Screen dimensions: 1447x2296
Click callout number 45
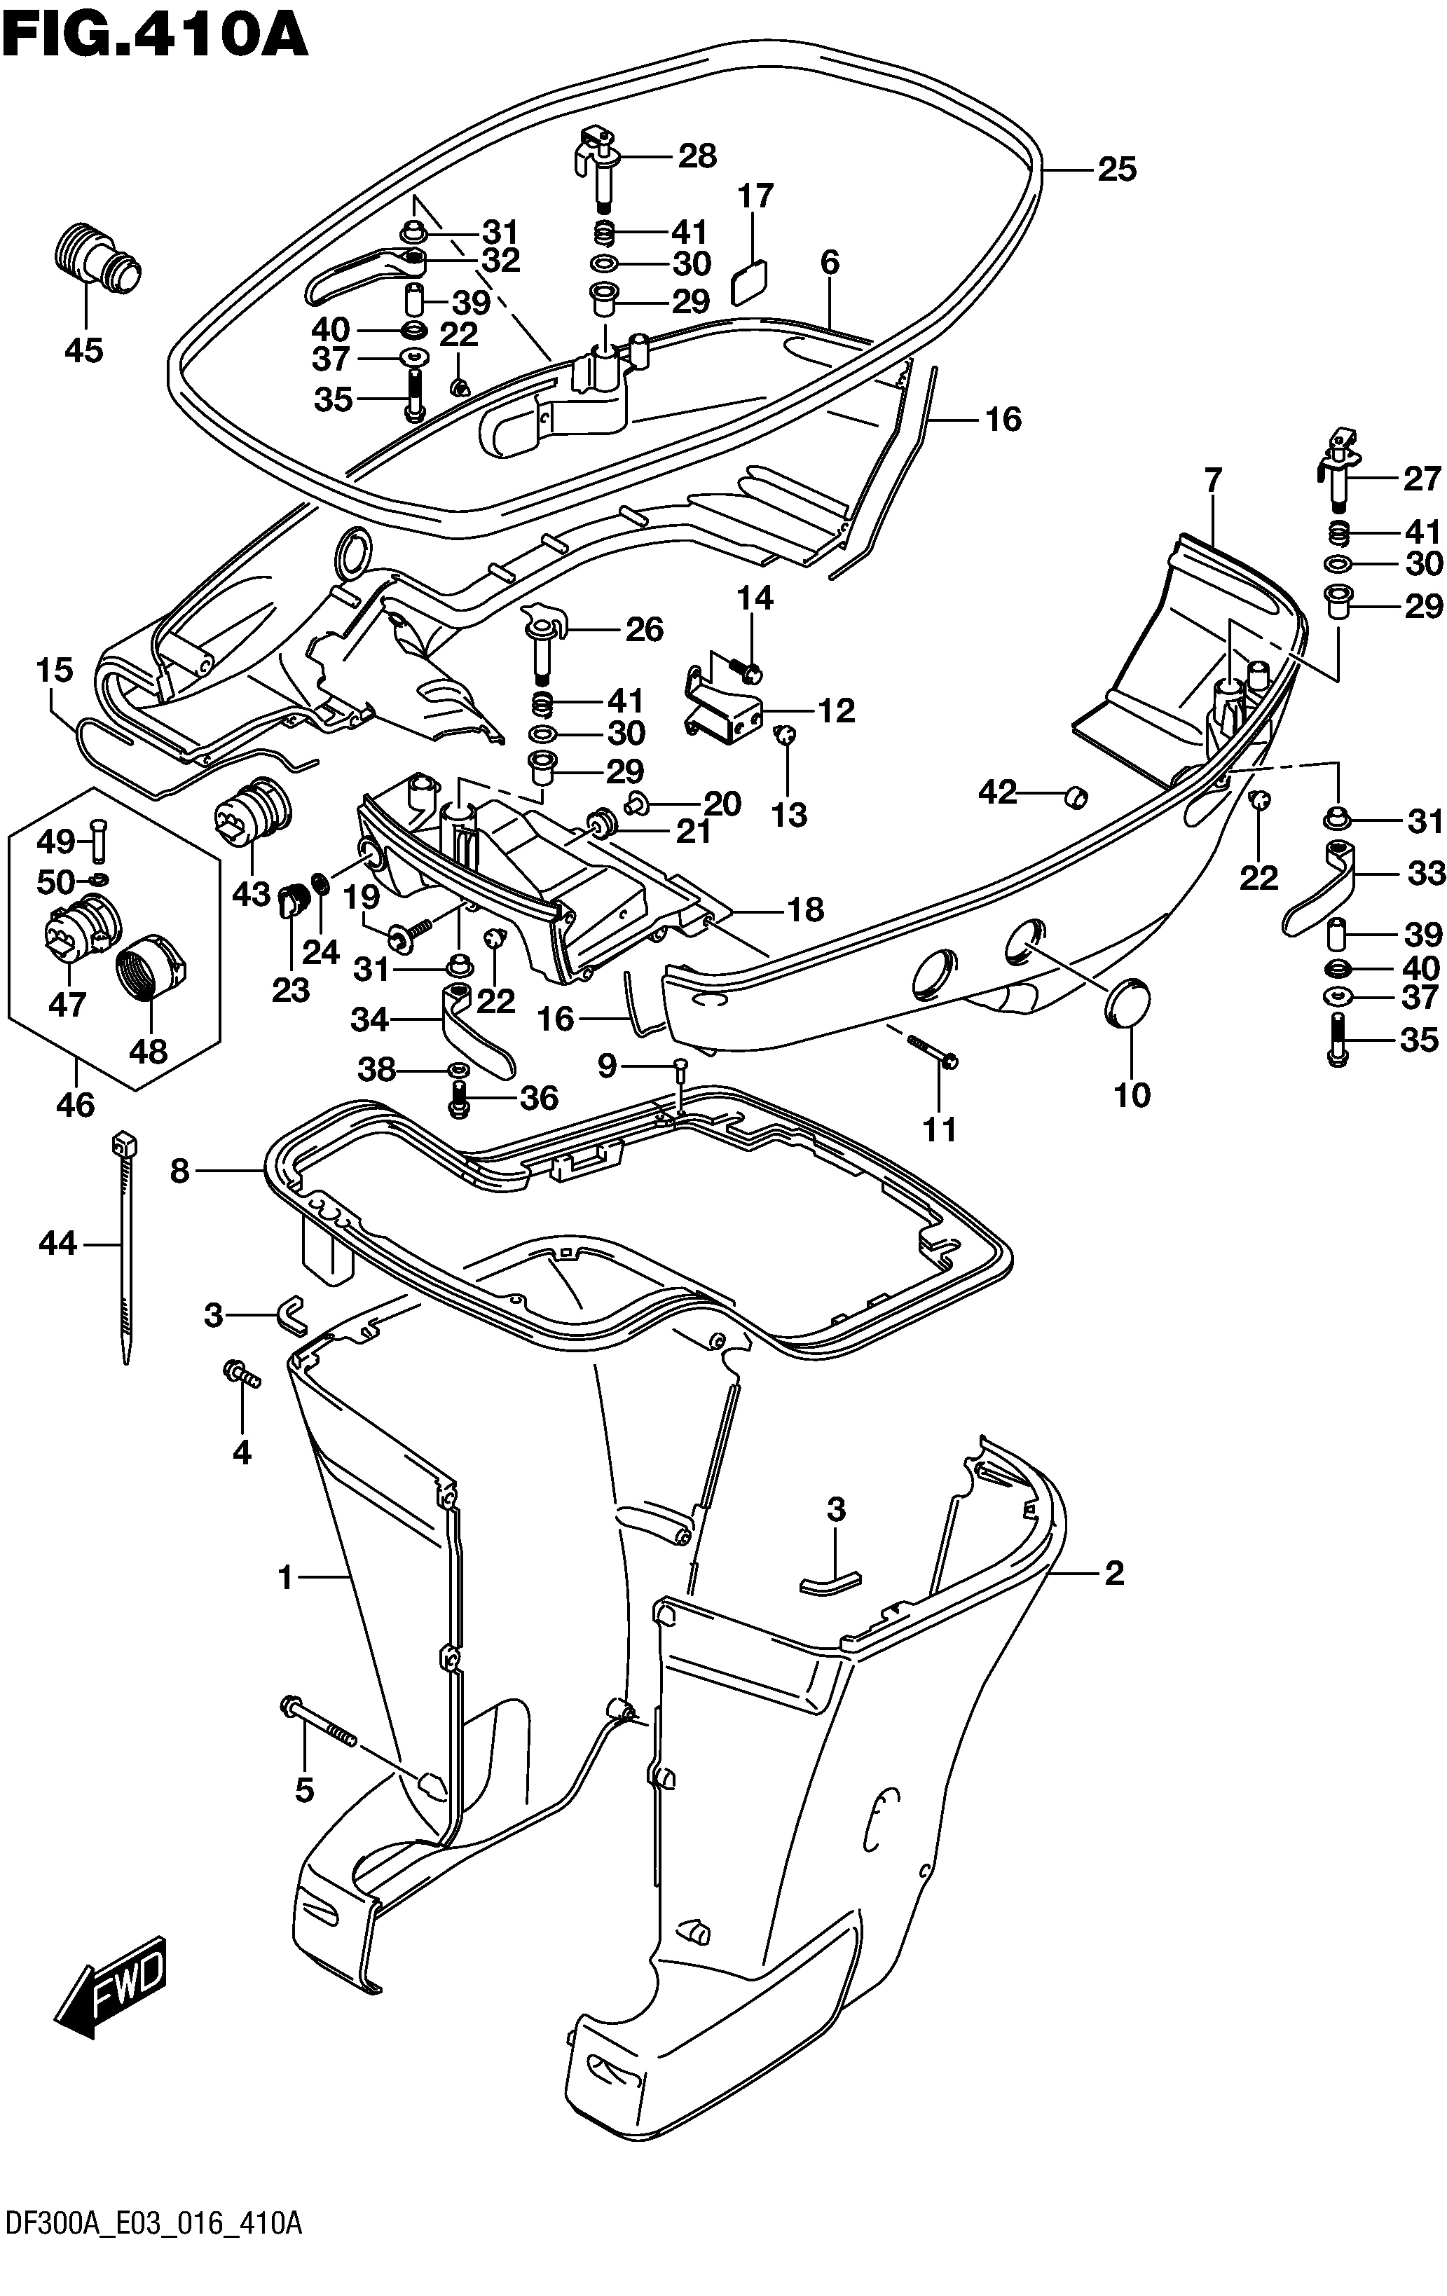pyautogui.click(x=84, y=350)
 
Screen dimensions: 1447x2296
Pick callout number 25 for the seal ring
pyautogui.click(x=1117, y=170)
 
